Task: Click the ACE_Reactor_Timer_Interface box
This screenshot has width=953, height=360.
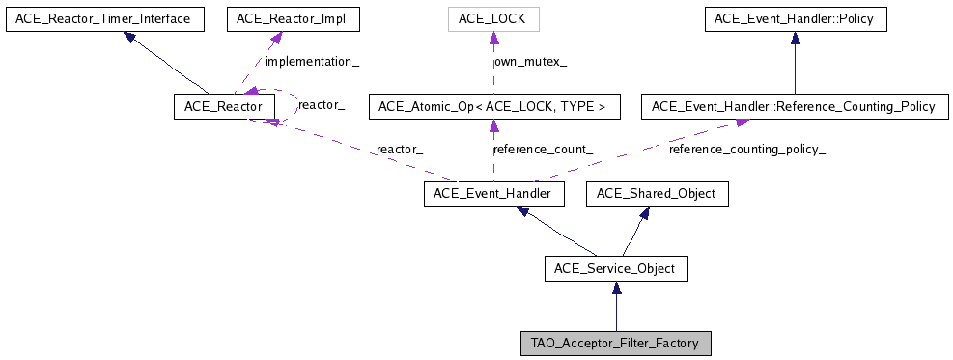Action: (x=104, y=18)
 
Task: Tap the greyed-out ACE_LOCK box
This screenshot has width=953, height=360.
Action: (x=493, y=18)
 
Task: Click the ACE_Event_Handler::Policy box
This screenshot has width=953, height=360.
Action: (x=795, y=18)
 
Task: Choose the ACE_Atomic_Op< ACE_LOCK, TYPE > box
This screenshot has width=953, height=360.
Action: (x=493, y=106)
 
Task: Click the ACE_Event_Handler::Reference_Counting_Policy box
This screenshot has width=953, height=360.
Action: (x=795, y=106)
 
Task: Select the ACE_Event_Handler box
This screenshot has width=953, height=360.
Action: (x=493, y=194)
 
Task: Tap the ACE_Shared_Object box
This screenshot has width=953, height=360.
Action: (x=657, y=194)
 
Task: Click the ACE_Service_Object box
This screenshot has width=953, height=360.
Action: (x=616, y=267)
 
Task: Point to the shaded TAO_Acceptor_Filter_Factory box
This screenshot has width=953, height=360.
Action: (x=616, y=342)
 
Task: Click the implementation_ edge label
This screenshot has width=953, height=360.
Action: (x=312, y=61)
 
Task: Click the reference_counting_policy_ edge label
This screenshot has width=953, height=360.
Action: (x=747, y=150)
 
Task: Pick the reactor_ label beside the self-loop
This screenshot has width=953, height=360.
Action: (x=322, y=103)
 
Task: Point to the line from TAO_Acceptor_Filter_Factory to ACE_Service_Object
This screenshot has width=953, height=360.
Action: (x=616, y=314)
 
